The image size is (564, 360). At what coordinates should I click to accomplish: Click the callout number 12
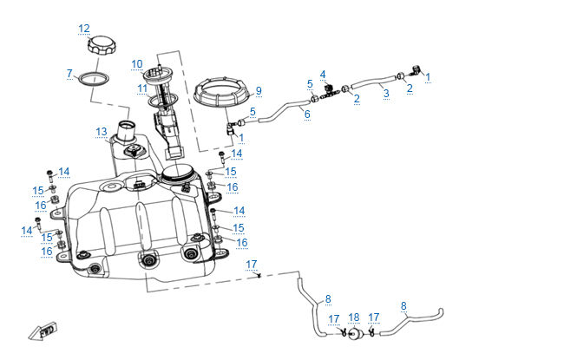pos(84,29)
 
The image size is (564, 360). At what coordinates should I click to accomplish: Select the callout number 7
pos(69,74)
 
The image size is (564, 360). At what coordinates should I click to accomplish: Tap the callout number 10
pos(137,63)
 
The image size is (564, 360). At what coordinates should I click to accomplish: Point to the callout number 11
pos(141,88)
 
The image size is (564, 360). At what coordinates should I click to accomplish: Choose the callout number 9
pos(258,91)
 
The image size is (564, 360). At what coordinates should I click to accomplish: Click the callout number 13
pos(102,132)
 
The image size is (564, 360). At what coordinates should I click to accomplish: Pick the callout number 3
pos(385,92)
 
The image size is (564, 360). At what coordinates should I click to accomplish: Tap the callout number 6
pos(306,115)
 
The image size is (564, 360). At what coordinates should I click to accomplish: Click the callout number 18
pos(353,317)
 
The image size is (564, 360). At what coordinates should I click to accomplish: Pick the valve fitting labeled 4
pos(328,88)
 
